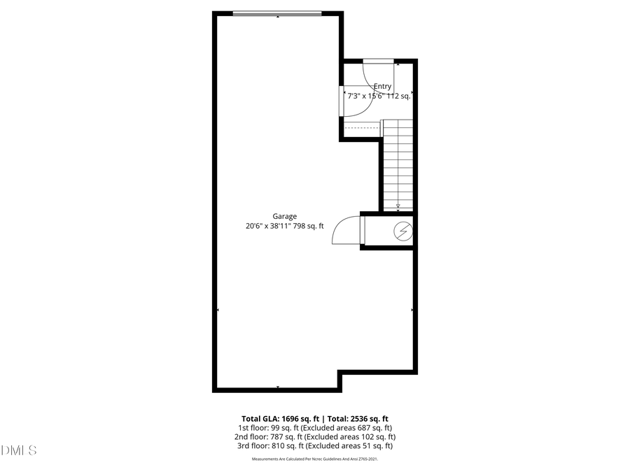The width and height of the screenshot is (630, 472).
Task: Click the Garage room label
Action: click(285, 217)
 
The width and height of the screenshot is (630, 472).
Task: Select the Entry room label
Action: click(382, 87)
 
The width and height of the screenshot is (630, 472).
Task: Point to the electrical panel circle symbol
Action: click(402, 231)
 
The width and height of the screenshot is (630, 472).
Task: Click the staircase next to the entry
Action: click(398, 164)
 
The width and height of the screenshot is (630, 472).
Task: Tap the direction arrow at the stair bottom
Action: click(398, 206)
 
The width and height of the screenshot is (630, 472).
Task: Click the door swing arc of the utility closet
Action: click(345, 229)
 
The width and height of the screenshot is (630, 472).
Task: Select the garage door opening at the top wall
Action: click(277, 13)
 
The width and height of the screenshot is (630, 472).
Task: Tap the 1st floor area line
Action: click(314, 427)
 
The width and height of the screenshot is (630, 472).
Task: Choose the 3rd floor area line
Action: click(314, 445)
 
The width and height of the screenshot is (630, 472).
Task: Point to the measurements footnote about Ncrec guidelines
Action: click(314, 459)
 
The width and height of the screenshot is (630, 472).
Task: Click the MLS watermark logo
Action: click(19, 450)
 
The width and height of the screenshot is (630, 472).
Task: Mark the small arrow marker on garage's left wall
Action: click(218, 309)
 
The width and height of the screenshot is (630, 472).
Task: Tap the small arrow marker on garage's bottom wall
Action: click(278, 387)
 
